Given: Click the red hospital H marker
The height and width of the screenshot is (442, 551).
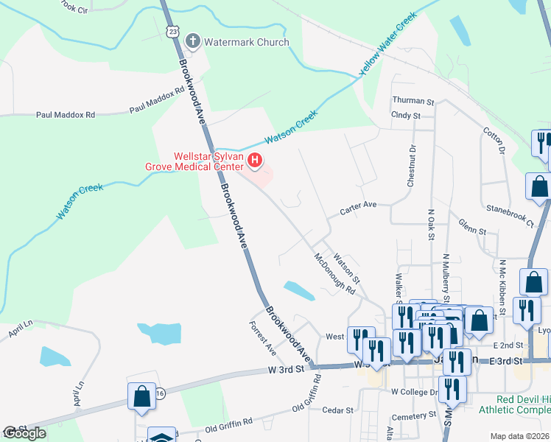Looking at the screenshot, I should (x=255, y=159).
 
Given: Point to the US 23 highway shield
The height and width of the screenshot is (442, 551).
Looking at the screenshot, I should (x=172, y=32).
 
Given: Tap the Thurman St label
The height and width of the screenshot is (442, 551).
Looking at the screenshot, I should (x=413, y=100).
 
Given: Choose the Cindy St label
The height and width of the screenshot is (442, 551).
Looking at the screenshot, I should (x=406, y=115).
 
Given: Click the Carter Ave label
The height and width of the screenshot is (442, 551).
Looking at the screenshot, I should (x=358, y=209).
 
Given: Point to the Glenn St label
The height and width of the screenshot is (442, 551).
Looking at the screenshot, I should (x=472, y=227).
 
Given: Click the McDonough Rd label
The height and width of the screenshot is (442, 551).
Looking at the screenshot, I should (x=334, y=274).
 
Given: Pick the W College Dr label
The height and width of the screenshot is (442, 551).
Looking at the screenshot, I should (x=415, y=392).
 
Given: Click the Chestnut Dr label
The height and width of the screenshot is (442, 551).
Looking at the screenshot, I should (x=412, y=165).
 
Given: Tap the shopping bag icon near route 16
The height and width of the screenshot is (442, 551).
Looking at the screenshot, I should (x=141, y=396).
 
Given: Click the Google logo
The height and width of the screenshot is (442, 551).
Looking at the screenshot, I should (x=24, y=433).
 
